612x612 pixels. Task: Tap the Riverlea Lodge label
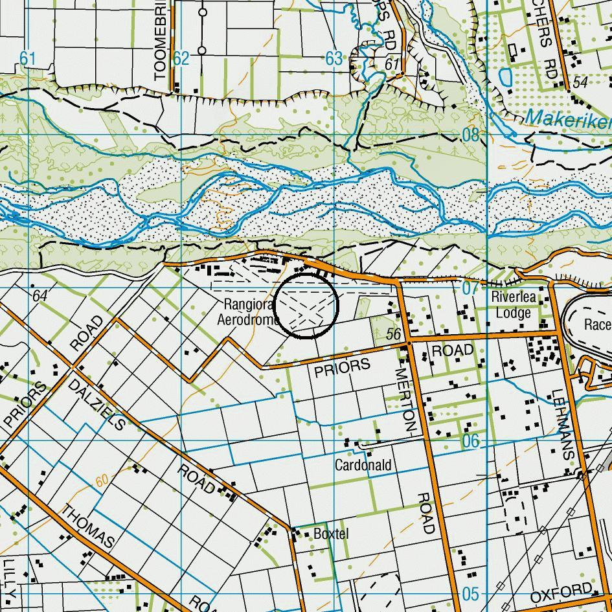(x=514, y=305)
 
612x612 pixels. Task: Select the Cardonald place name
(x=363, y=465)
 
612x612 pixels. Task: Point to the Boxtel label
(x=330, y=534)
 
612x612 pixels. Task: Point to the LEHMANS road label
(x=562, y=424)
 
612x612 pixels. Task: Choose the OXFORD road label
(x=561, y=593)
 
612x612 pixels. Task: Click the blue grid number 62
(x=181, y=59)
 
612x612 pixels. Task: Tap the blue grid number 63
(x=333, y=59)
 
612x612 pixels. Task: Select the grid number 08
(x=471, y=135)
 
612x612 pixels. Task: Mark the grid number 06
(x=471, y=441)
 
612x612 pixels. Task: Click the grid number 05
(x=471, y=594)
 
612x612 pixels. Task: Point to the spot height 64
(x=40, y=296)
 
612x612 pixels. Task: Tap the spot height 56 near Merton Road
(x=392, y=334)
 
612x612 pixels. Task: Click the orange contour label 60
(x=102, y=481)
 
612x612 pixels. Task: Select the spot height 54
(x=580, y=82)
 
